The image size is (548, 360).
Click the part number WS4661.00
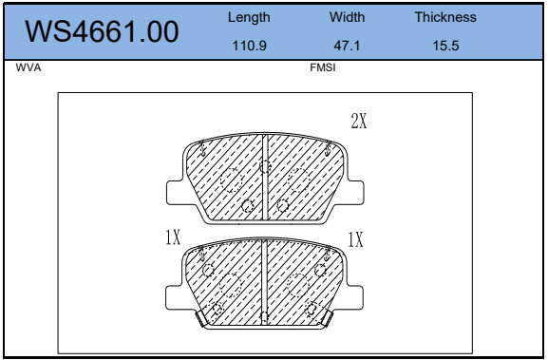pos(102,31)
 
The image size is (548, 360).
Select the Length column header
pos(249,17)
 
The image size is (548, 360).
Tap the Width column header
pos(347,17)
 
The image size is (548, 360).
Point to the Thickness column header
pos(445,17)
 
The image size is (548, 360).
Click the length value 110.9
pos(249,46)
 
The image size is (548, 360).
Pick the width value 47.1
pos(347,46)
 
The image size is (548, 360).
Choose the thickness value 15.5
pos(445,46)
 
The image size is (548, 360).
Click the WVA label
pos(28,67)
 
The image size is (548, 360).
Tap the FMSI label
pos(323,67)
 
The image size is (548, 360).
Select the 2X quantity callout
pos(359,122)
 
